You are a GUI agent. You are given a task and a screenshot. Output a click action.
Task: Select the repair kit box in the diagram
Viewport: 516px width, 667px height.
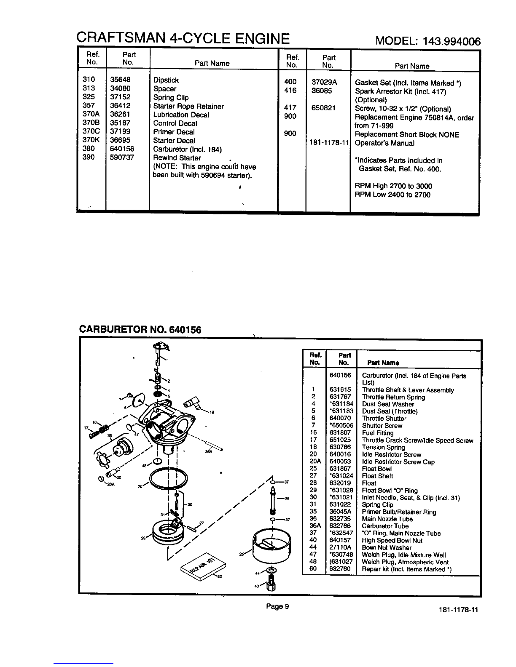pos(200,565)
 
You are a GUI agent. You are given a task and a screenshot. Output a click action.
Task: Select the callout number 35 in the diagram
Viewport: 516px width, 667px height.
pos(110,435)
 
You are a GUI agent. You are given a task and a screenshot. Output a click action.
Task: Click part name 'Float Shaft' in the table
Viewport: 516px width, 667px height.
pos(377,476)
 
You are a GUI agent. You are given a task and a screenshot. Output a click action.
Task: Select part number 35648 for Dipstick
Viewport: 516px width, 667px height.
pos(121,80)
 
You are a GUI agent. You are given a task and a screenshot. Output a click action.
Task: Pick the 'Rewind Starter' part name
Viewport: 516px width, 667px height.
pos(177,158)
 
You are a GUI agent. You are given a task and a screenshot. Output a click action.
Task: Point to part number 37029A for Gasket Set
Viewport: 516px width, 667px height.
pos(325,82)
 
